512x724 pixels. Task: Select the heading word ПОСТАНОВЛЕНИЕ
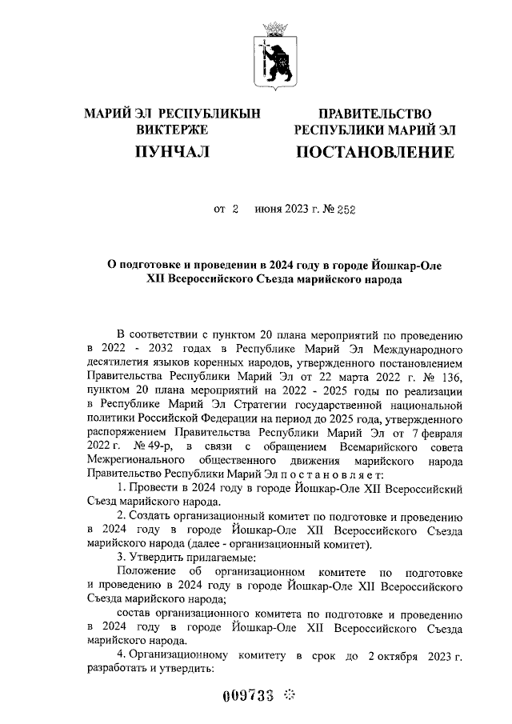coord(374,152)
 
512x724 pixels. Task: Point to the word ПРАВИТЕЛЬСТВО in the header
coord(374,114)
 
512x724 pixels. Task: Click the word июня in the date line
coord(270,210)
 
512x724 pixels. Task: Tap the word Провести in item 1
coord(149,487)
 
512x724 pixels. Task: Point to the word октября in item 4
coord(413,656)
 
